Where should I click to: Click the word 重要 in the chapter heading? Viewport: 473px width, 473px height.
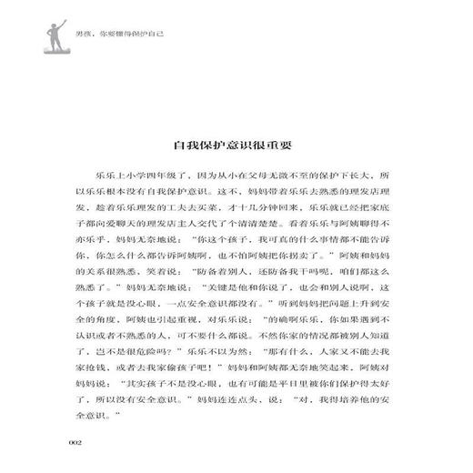coord(290,145)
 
